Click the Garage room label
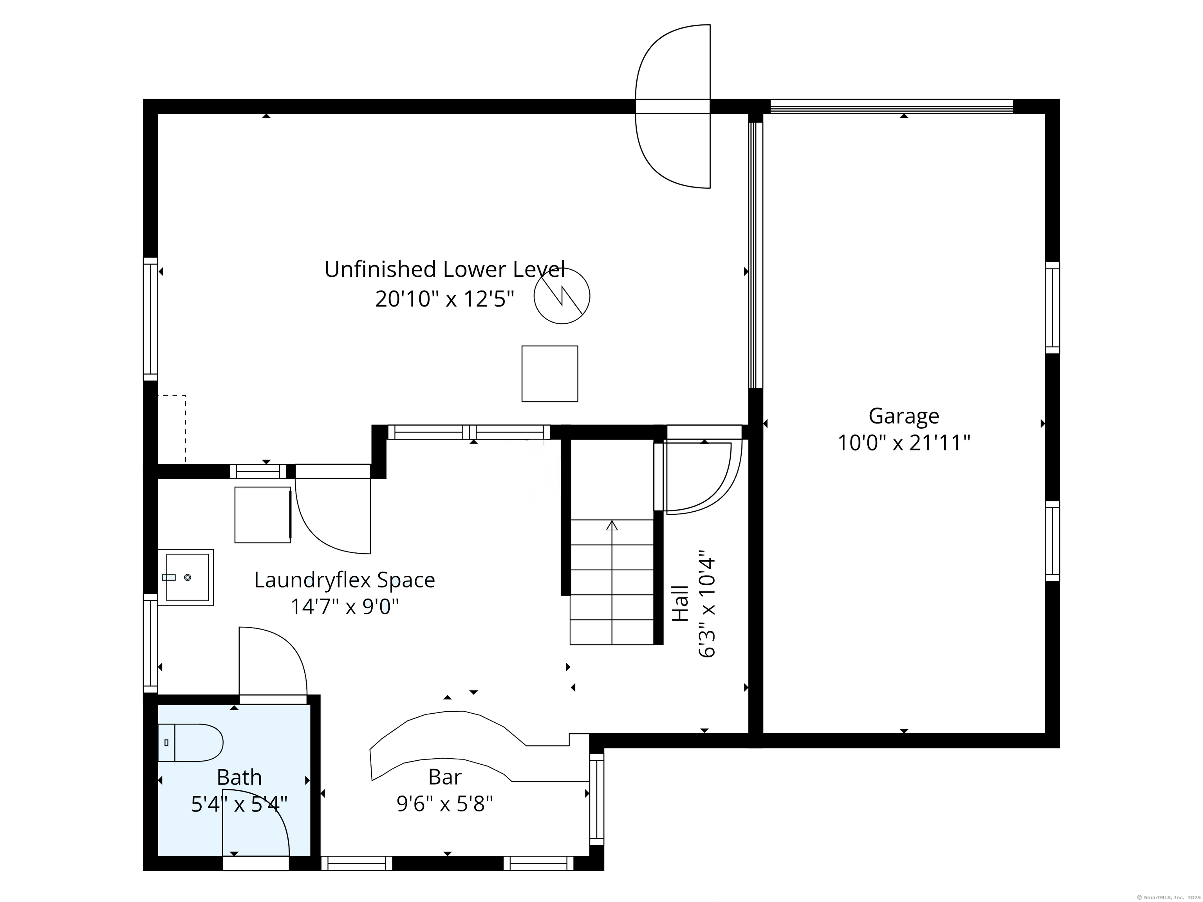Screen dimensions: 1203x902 coord(903,416)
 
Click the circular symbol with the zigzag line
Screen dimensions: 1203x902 coord(562,296)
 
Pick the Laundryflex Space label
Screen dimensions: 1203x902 coord(344,580)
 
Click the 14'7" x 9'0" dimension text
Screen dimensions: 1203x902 coord(344,606)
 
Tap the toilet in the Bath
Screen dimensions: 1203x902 coord(190,742)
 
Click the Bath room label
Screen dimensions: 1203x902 coord(239,778)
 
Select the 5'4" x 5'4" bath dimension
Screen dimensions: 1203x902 coord(239,804)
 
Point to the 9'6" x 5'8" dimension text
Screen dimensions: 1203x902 coord(445,804)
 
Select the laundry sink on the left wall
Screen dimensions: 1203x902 coord(186,577)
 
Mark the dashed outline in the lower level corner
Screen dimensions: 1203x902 coord(186,429)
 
